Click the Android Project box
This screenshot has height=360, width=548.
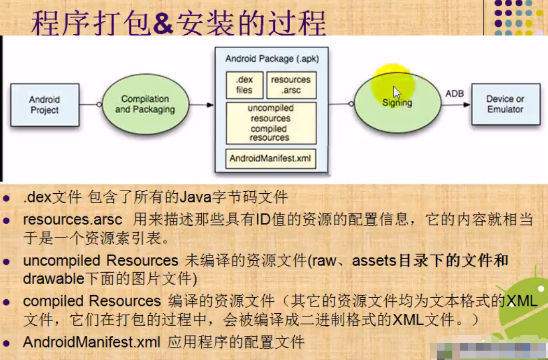(x=45, y=105)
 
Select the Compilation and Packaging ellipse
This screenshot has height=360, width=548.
(x=146, y=104)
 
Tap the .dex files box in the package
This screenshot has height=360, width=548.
(x=244, y=85)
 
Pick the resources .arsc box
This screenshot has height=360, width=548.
(x=291, y=85)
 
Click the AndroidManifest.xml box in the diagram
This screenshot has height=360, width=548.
(x=270, y=158)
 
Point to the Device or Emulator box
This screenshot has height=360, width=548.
(x=505, y=104)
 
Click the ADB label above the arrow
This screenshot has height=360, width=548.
(x=454, y=94)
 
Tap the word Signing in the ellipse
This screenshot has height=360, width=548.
(x=397, y=103)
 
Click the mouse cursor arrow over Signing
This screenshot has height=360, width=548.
(x=396, y=92)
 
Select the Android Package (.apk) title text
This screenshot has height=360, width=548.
(x=272, y=59)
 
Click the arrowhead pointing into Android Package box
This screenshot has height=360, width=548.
(x=210, y=105)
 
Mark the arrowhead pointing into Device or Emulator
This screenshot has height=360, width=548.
(x=467, y=104)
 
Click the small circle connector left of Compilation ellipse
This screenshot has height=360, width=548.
(x=99, y=104)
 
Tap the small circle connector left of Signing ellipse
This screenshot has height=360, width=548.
(x=351, y=104)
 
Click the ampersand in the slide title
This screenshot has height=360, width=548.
(x=163, y=23)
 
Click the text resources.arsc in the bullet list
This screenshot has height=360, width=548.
(x=73, y=220)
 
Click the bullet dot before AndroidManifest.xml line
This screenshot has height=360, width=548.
(x=6, y=343)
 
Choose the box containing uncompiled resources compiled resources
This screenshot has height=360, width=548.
(x=271, y=123)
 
